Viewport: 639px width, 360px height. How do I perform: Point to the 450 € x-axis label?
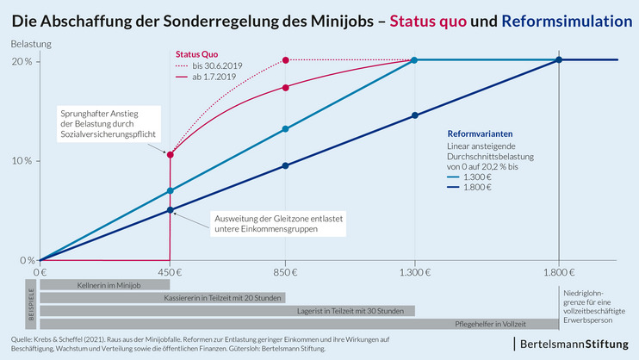(170, 271)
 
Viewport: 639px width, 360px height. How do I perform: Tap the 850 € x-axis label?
(285, 271)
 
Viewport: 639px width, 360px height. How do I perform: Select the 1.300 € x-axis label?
(414, 271)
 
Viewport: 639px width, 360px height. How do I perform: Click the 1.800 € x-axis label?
(559, 271)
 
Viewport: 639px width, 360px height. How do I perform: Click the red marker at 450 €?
(171, 155)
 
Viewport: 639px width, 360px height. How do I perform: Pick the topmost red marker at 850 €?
(285, 60)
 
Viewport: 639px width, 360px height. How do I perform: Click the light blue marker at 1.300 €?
(414, 60)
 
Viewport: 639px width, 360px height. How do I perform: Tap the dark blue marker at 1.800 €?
(559, 60)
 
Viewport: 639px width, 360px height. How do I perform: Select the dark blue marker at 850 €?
(285, 165)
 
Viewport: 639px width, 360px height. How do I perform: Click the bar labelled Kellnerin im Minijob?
(104, 284)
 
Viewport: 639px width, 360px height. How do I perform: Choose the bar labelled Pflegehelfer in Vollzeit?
(299, 324)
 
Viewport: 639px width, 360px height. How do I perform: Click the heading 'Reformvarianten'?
(480, 133)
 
